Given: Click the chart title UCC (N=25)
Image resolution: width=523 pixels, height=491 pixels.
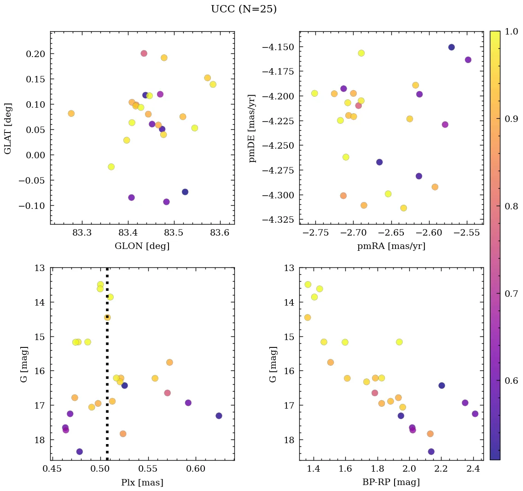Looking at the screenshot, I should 244,9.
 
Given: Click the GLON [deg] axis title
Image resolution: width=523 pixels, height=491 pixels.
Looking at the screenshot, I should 142,246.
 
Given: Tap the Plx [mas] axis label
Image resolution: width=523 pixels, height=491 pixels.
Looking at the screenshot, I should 142,482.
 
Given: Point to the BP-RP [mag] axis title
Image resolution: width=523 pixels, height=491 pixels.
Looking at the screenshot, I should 391,482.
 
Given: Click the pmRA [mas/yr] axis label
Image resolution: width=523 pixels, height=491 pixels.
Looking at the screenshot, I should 391,246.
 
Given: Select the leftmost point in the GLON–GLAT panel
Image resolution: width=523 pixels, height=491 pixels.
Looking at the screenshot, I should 71,113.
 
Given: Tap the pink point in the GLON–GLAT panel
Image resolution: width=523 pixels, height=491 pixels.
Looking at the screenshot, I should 144,53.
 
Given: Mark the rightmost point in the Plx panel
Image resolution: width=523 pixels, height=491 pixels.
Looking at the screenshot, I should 219,416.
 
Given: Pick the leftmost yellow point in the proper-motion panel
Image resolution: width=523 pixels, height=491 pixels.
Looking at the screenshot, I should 314,93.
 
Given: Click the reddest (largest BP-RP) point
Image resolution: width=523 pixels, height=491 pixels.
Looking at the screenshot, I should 475,414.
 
